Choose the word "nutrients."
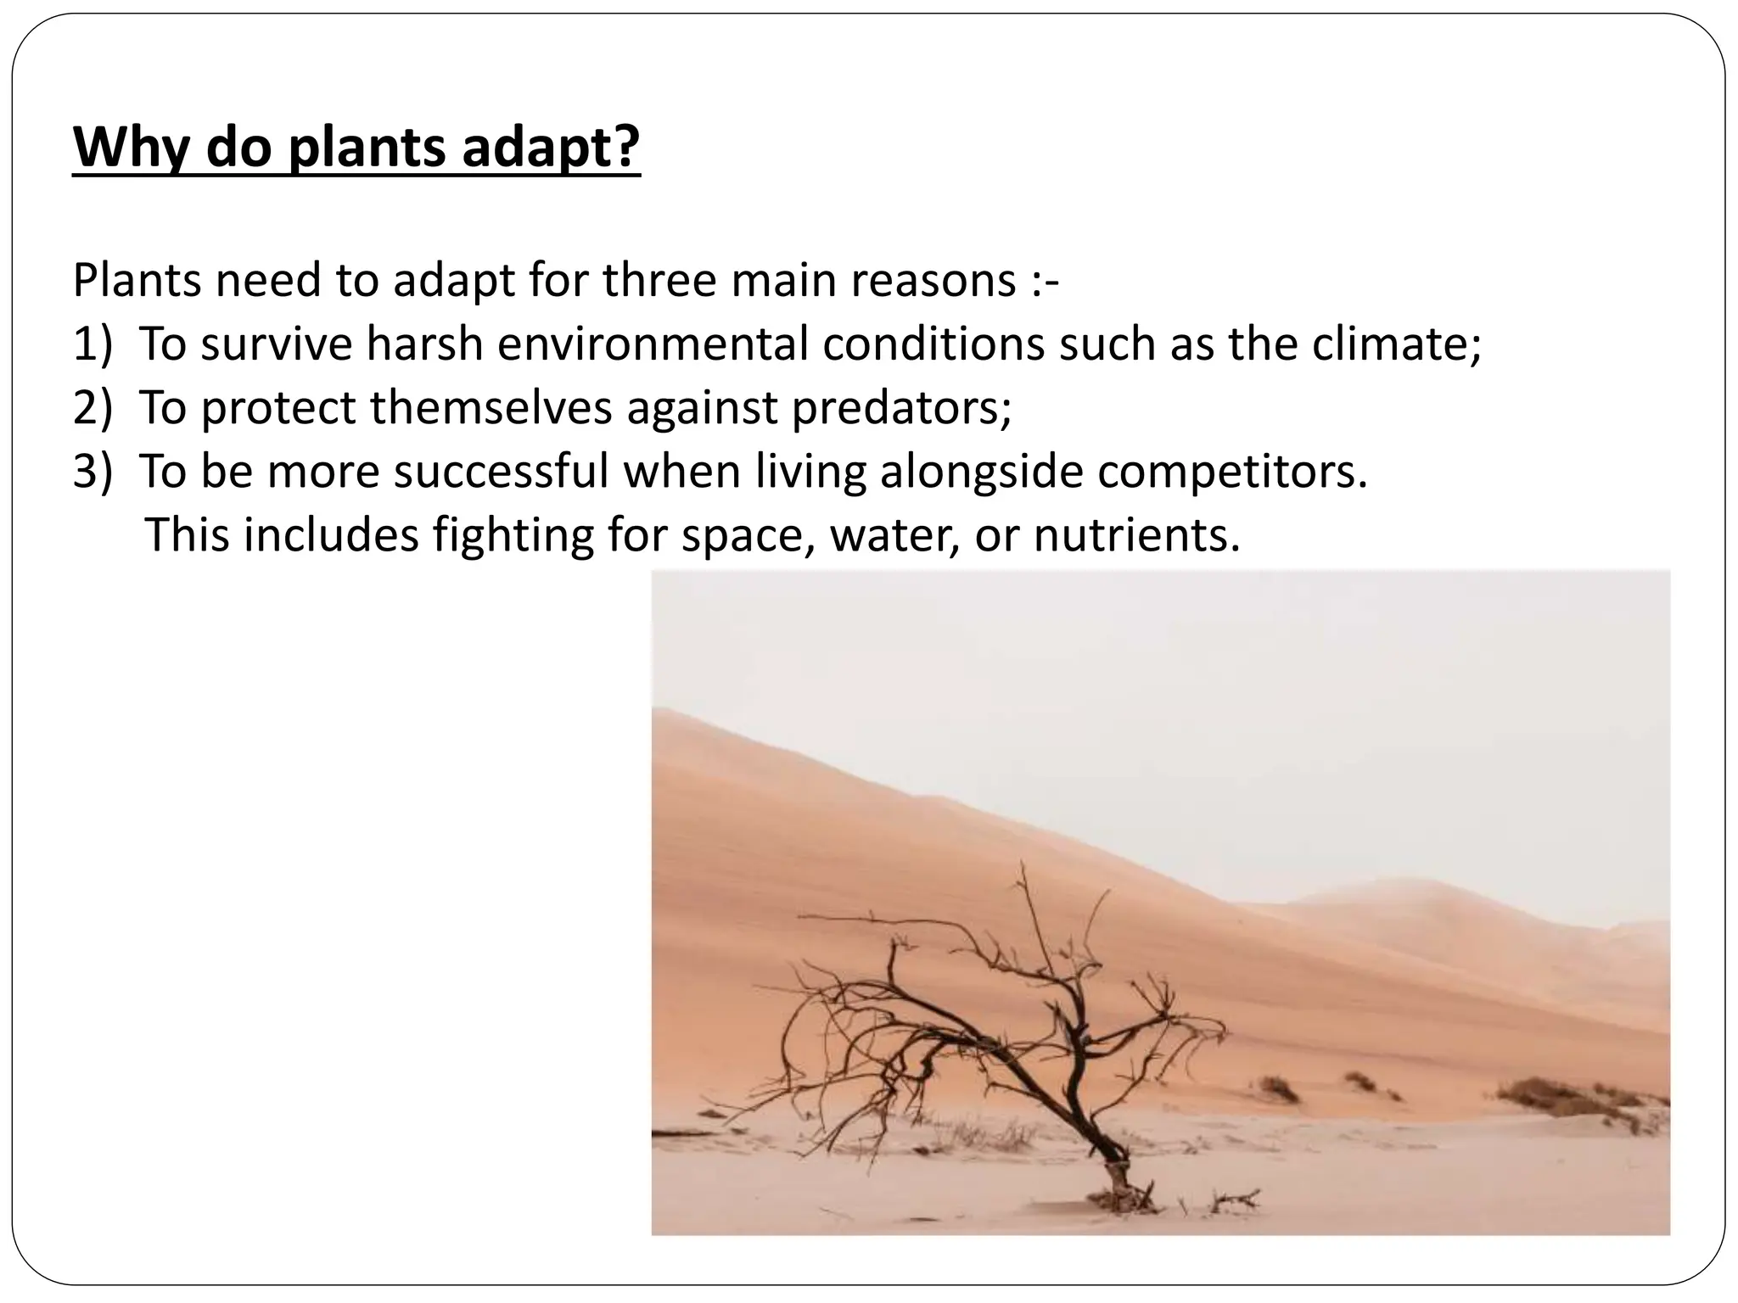(x=1136, y=534)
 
